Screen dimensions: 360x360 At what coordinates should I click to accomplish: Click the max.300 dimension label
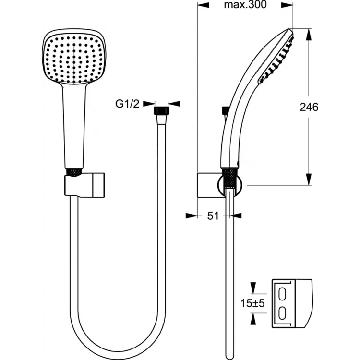click(245, 5)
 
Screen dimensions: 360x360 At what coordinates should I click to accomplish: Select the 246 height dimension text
click(309, 107)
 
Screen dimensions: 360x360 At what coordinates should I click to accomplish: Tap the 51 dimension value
click(213, 216)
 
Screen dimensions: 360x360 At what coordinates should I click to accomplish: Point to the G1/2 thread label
click(127, 104)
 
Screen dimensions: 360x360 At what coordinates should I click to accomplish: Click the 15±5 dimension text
click(252, 303)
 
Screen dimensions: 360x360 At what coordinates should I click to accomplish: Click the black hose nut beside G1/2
click(161, 110)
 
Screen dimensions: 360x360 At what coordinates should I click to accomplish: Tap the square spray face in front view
click(74, 58)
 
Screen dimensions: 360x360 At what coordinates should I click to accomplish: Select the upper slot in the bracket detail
click(282, 293)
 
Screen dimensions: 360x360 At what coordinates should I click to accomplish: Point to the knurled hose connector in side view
click(229, 179)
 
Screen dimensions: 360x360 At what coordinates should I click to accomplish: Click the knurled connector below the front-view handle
click(74, 173)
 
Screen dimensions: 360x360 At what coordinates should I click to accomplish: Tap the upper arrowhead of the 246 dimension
click(309, 34)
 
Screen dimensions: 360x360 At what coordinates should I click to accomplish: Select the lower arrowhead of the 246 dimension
click(309, 179)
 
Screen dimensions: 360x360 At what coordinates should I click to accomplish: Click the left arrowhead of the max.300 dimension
click(203, 5)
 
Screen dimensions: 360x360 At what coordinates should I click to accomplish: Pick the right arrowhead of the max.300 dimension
click(288, 5)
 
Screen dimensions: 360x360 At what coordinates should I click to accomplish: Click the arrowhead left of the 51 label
click(192, 216)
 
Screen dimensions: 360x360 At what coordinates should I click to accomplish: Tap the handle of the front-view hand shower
click(74, 126)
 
